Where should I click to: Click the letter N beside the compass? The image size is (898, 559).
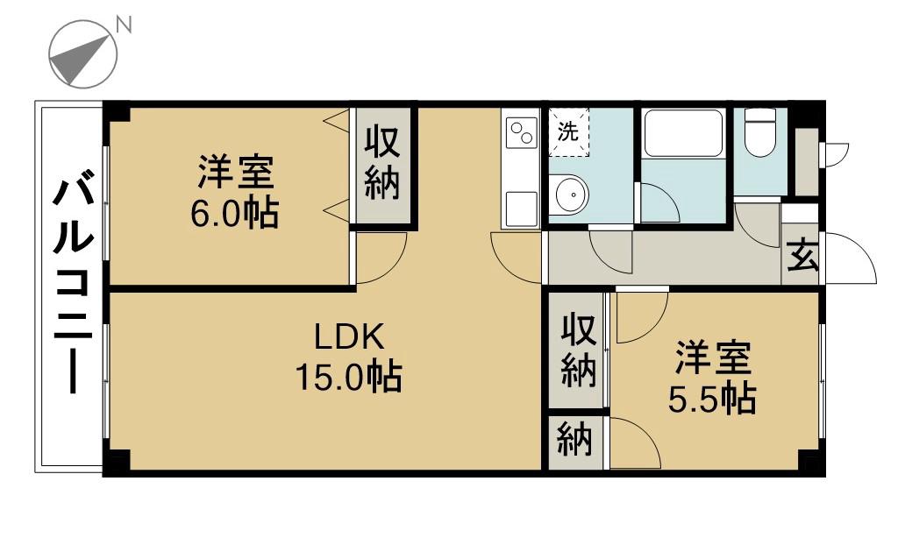point(123,24)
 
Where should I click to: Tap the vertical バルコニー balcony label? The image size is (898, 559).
point(73,286)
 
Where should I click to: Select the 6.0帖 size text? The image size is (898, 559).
point(234,214)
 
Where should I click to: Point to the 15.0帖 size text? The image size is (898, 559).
point(348,376)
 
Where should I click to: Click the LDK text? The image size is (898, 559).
point(349,337)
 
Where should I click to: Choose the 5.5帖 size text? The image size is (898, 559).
point(712,398)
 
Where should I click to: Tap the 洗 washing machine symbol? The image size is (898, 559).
point(568,132)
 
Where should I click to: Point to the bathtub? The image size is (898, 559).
point(682,133)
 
